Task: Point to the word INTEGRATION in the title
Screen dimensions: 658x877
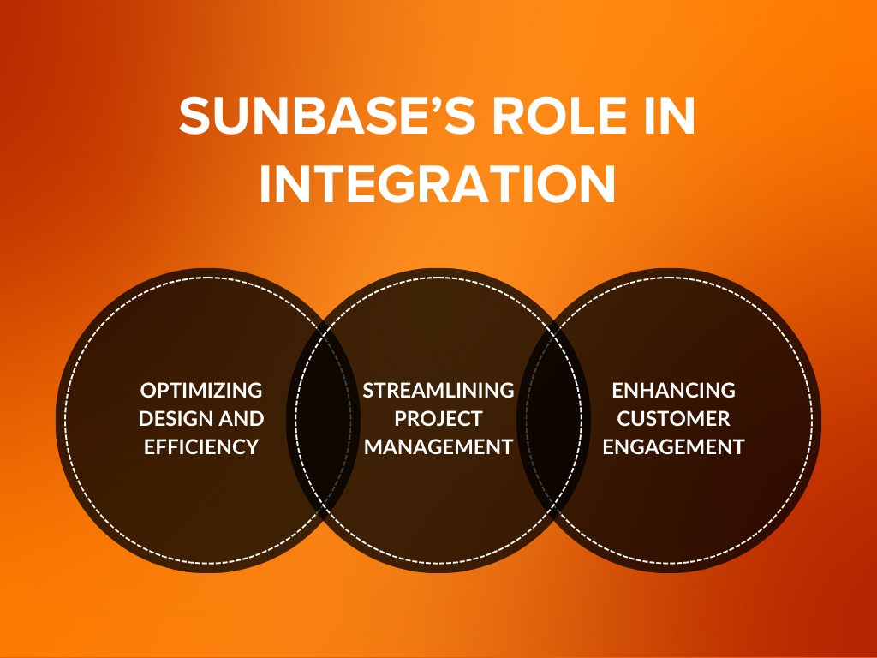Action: tap(438, 183)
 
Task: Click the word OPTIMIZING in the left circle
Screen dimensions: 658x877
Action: tap(201, 391)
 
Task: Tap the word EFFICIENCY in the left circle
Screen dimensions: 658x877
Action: tap(201, 446)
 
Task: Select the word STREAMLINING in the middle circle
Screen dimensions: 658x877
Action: tap(438, 391)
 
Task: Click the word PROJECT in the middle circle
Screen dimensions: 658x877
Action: tap(438, 419)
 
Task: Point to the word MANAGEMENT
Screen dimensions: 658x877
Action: tap(438, 446)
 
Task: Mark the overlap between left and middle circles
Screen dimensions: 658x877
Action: tap(321, 420)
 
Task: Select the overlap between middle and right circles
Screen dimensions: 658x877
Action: tap(556, 420)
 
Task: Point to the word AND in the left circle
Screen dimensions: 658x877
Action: tap(244, 419)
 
